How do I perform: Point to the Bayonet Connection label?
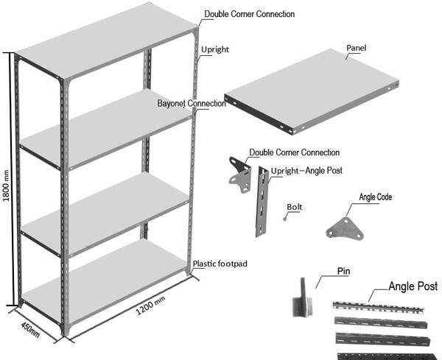point(192,104)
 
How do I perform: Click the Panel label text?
point(357,49)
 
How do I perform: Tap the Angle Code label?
point(375,197)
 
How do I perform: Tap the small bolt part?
point(285,218)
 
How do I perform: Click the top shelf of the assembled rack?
point(103,46)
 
